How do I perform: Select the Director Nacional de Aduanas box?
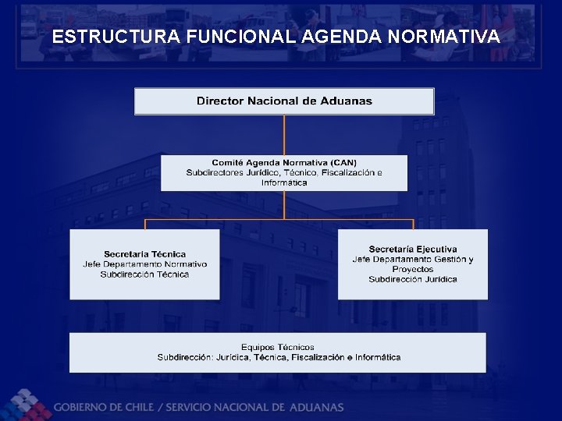(284, 101)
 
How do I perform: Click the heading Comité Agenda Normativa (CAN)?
(284, 163)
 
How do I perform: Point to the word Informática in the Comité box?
(284, 182)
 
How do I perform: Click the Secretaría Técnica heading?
(144, 254)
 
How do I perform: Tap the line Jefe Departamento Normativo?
(144, 264)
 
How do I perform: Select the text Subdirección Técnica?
(144, 274)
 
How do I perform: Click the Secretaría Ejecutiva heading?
(413, 249)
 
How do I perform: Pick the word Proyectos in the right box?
(413, 269)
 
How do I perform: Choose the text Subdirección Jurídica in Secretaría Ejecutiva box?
(413, 279)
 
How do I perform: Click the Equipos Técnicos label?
(278, 347)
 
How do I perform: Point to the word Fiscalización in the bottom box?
(318, 358)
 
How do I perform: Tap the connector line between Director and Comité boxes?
(284, 135)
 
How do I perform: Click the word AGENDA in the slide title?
(338, 36)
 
